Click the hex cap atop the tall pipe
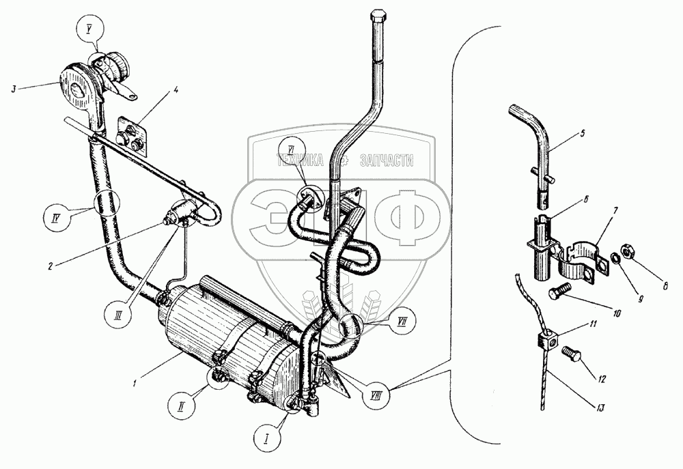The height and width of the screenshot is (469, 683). click(379, 15)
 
